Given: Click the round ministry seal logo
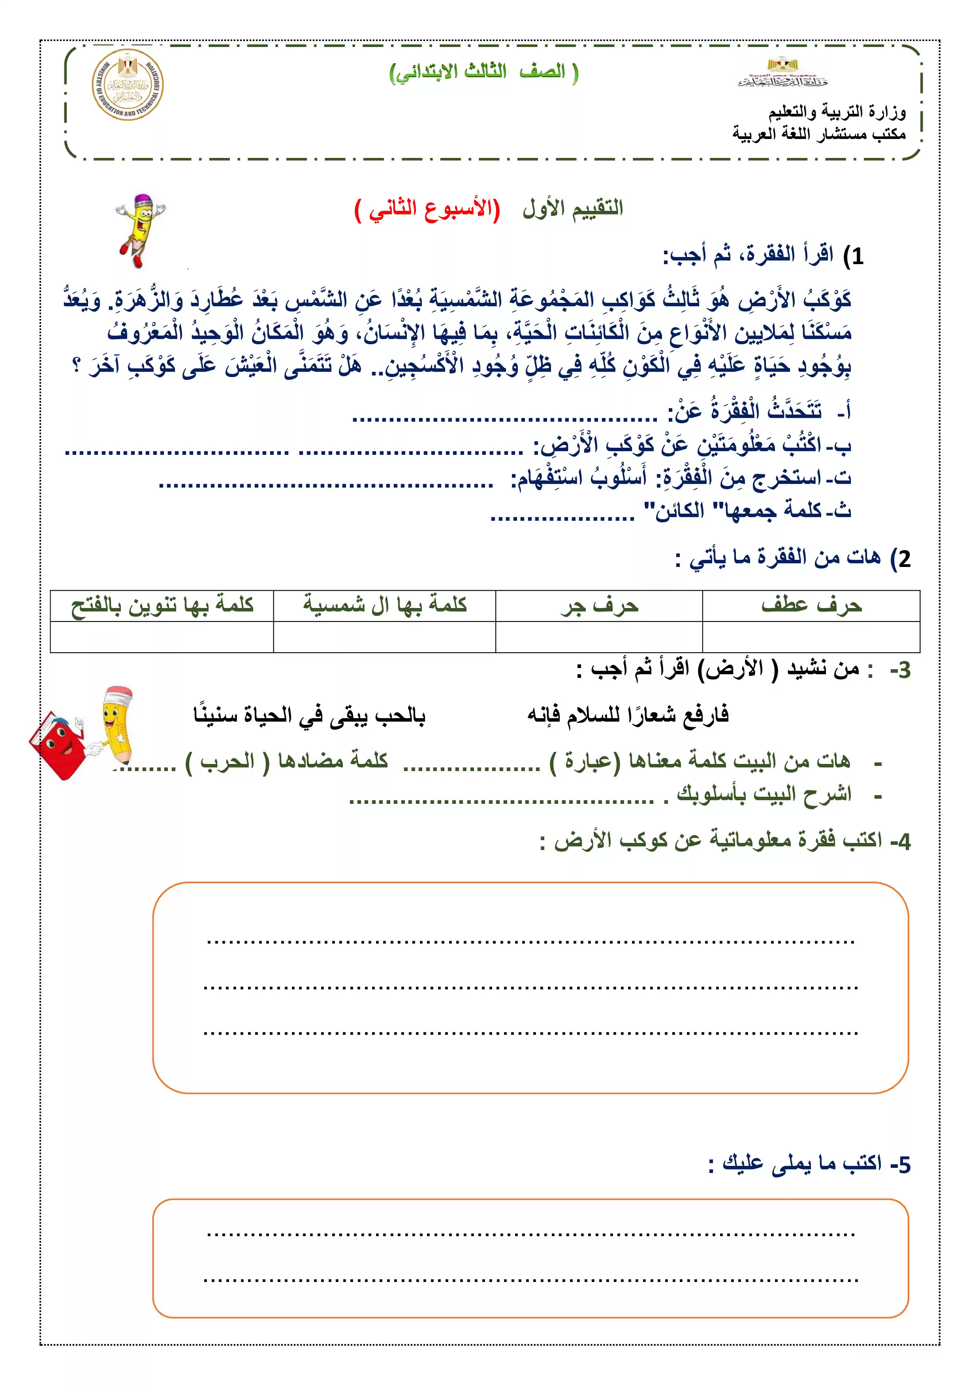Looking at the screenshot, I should point(127,85).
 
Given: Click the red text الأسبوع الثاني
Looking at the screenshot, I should point(427,209).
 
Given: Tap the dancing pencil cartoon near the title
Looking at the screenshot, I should point(140,229).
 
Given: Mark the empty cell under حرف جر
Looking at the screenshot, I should point(599,637).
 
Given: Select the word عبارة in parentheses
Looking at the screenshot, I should point(590,761).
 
